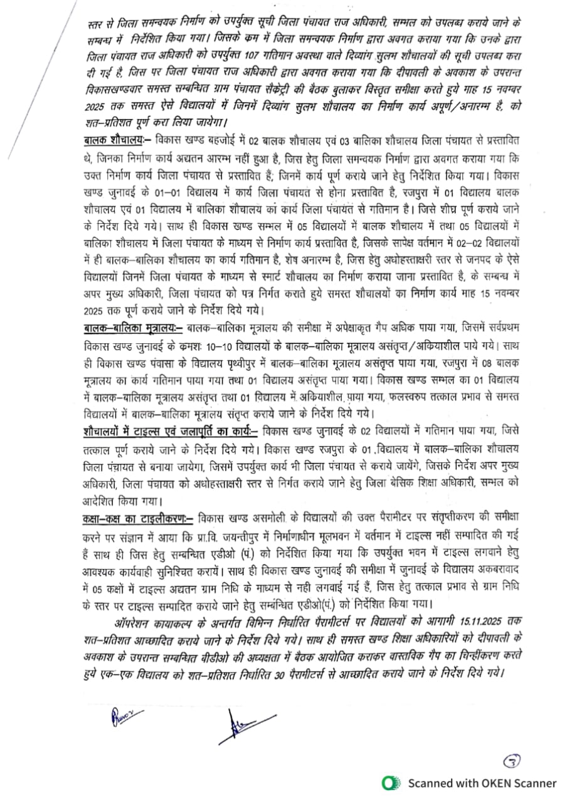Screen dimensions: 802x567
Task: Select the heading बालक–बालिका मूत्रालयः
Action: point(132,328)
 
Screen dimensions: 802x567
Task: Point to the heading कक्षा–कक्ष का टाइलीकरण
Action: point(137,518)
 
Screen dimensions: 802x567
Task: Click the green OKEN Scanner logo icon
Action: point(392,783)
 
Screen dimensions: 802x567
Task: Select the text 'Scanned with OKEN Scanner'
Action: point(482,783)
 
